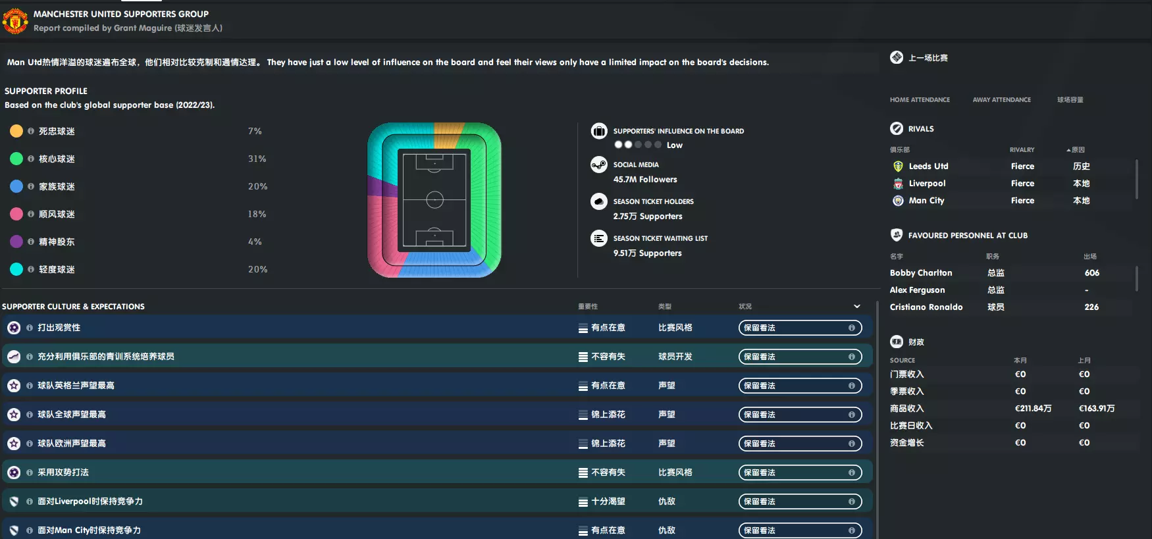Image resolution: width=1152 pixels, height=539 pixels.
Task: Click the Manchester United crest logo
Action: tap(14, 21)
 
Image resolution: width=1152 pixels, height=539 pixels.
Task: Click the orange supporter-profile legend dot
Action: tap(16, 131)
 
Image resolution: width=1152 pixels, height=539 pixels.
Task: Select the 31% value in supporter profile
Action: tap(257, 159)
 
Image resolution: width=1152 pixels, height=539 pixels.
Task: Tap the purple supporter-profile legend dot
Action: tap(16, 242)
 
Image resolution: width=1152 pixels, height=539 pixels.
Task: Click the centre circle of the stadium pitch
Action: tap(434, 199)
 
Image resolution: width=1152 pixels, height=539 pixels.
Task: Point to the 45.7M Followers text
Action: tap(644, 179)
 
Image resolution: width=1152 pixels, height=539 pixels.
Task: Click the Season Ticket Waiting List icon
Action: tap(598, 238)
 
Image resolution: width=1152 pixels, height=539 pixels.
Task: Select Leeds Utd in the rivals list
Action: tap(928, 167)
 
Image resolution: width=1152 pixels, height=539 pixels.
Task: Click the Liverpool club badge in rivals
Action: tap(898, 184)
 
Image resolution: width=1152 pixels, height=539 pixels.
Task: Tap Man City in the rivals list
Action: tap(926, 201)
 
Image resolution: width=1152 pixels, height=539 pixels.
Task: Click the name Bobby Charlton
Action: tap(920, 273)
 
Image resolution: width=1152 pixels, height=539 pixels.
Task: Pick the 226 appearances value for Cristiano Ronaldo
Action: tap(1091, 307)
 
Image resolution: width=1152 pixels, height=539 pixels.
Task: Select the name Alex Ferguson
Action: tap(917, 290)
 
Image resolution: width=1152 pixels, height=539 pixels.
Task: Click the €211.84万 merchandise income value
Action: tap(1033, 409)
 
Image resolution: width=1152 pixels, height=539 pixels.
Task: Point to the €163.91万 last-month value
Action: tap(1096, 409)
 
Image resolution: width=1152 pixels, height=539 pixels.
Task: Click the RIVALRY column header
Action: tap(1022, 150)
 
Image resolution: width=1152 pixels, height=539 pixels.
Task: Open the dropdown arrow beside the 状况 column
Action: tap(856, 306)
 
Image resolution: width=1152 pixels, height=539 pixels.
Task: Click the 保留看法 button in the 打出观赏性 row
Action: tap(799, 328)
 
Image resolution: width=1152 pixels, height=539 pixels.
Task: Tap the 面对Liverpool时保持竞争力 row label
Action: tap(90, 501)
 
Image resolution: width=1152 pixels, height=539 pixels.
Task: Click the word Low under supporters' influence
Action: tap(674, 145)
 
